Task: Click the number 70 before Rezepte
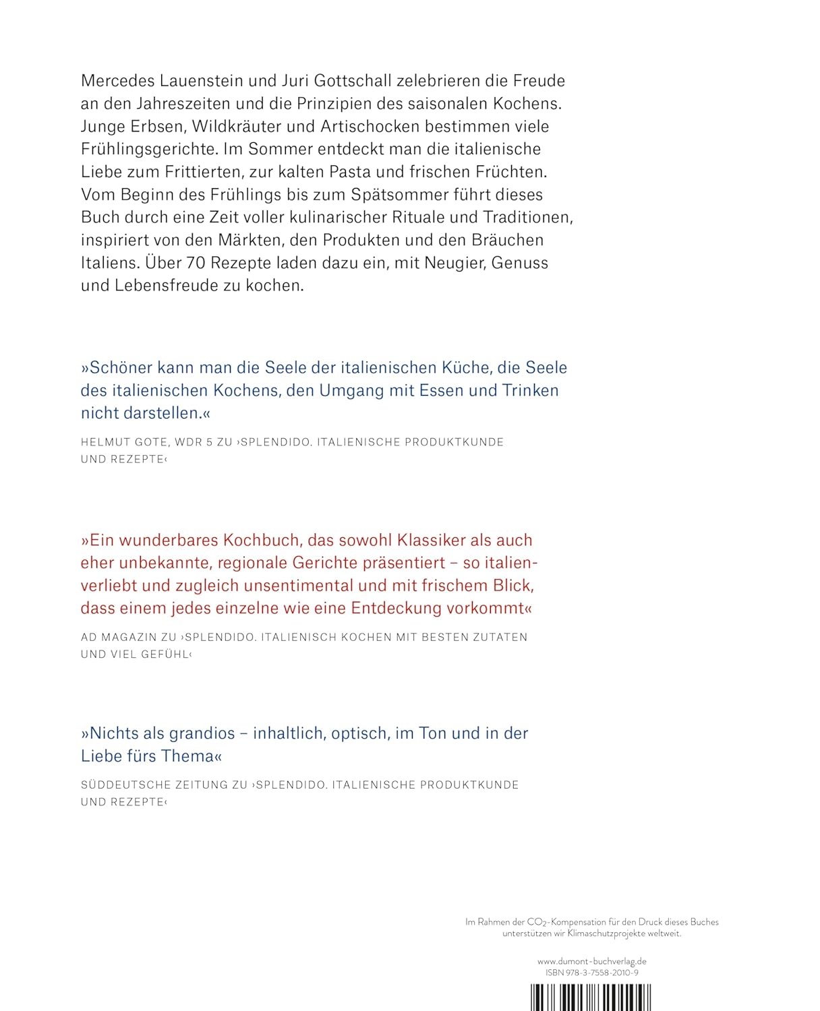pyautogui.click(x=195, y=263)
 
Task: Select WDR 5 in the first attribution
pyautogui.click(x=184, y=443)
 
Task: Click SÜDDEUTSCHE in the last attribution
pyautogui.click(x=123, y=785)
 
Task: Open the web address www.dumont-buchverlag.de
pyautogui.click(x=592, y=962)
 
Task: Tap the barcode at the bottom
pyautogui.click(x=591, y=998)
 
